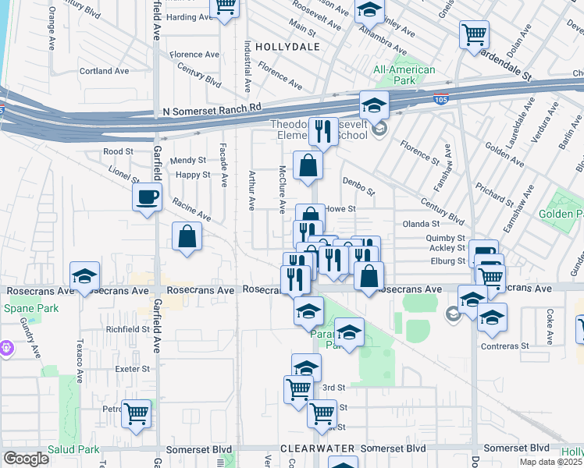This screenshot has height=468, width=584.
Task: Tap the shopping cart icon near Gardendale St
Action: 473,34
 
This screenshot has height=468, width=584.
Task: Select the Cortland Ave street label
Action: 104,71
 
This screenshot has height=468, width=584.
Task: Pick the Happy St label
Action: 193,175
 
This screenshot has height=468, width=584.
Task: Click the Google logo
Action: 26,459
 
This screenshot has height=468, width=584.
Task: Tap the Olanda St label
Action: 422,224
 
